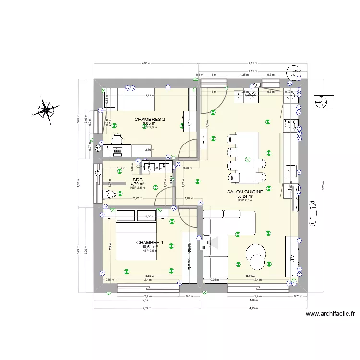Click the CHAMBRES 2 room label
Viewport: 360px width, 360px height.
pyautogui.click(x=150, y=120)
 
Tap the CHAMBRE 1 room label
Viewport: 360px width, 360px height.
pyautogui.click(x=150, y=243)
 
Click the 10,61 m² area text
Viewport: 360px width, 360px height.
pyautogui.click(x=150, y=247)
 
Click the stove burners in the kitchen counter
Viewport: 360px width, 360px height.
pyautogui.click(x=291, y=125)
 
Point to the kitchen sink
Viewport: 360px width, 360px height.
pyautogui.click(x=290, y=169)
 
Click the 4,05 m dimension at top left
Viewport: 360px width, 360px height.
pyautogui.click(x=146, y=63)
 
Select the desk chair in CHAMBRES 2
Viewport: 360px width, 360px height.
pyautogui.click(x=117, y=140)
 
